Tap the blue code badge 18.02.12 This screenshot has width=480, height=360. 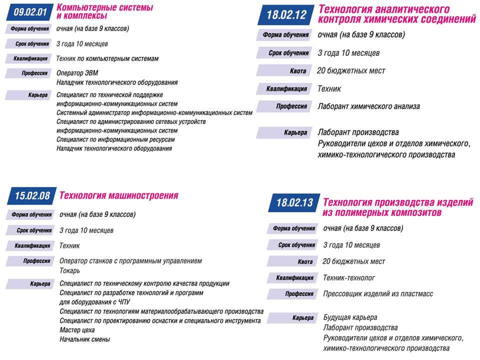286,14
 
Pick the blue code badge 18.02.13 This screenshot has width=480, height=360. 294,202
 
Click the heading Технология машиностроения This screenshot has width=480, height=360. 118,195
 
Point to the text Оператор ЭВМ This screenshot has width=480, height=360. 77,73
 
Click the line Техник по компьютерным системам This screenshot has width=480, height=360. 107,58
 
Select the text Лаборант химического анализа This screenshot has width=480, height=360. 368,106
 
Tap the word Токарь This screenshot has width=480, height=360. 69,270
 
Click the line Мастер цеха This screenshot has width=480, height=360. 77,330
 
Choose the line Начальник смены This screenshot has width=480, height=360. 84,339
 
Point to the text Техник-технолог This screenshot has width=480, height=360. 349,278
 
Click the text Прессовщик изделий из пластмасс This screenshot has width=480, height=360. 378,294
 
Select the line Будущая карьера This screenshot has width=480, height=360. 350,317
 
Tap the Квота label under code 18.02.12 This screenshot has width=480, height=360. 298,71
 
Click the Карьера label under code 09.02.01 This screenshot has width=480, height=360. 38,95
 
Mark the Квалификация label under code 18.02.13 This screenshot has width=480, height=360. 295,278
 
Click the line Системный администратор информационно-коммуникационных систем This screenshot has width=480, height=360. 154,113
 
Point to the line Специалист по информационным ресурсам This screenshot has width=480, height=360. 116,139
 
